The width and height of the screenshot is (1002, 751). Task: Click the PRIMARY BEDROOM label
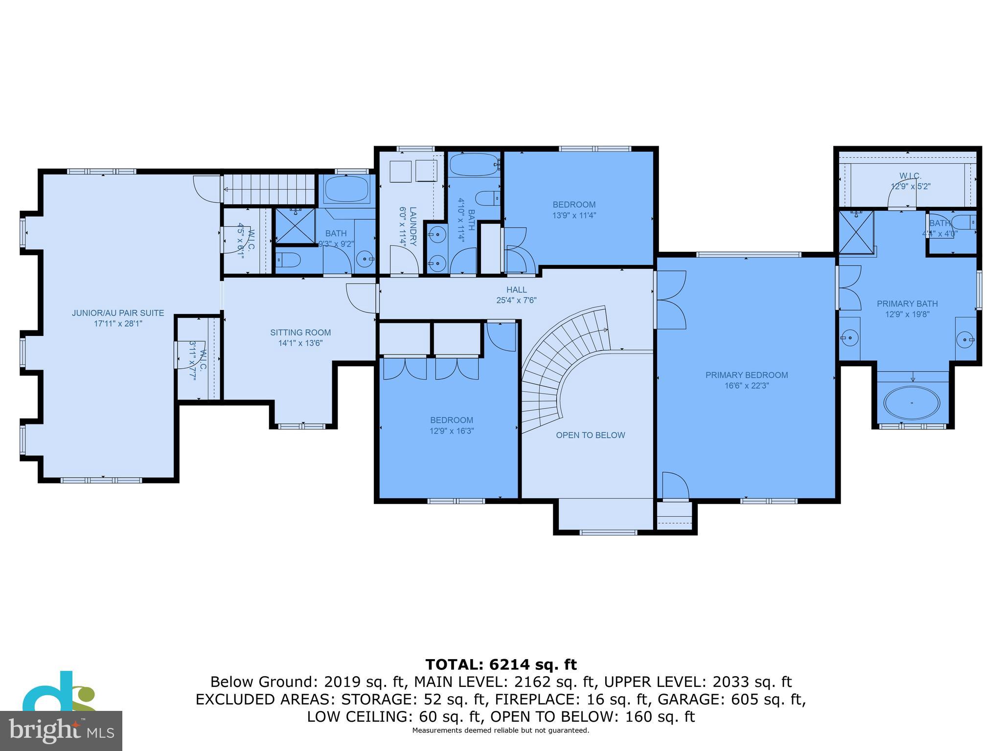(746, 375)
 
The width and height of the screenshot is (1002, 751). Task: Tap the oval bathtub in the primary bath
(911, 403)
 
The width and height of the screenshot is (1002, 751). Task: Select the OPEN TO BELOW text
(590, 435)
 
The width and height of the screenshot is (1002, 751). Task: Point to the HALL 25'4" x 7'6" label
(516, 295)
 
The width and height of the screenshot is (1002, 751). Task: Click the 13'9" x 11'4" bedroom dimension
(574, 215)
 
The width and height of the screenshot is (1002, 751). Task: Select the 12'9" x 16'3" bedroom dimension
(451, 431)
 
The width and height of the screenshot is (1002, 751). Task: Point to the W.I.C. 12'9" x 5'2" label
(910, 181)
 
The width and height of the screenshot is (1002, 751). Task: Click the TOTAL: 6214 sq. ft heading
(501, 664)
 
